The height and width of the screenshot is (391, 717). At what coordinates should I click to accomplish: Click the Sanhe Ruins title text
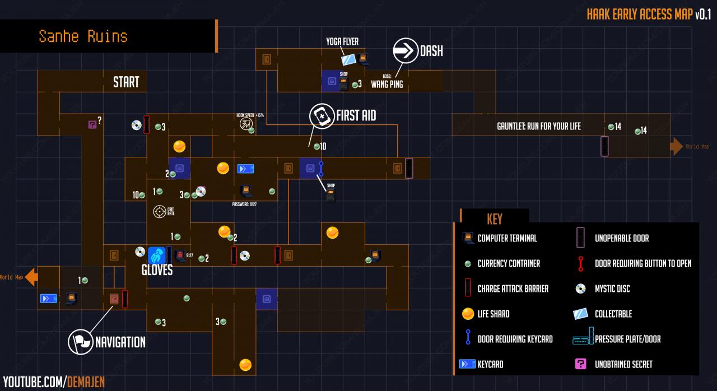[83, 36]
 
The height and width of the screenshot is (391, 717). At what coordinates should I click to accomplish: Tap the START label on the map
[126, 82]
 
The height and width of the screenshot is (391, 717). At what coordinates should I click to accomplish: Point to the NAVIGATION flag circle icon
[80, 342]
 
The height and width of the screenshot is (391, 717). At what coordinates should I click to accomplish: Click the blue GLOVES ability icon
[157, 255]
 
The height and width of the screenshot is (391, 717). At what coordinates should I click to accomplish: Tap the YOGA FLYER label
[342, 41]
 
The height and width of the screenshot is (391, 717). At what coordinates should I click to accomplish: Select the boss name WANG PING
[387, 85]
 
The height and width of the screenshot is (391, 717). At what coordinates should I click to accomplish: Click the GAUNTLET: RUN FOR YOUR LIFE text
[539, 127]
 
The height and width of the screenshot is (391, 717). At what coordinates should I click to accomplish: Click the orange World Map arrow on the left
[32, 277]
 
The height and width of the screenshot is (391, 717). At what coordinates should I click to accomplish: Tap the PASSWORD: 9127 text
[244, 204]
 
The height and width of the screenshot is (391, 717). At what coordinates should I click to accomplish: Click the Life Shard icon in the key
[467, 314]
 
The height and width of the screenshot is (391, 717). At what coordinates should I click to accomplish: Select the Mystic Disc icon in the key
[581, 288]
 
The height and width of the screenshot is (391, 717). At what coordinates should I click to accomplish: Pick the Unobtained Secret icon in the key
[581, 364]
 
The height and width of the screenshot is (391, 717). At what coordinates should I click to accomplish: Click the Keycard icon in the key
[467, 364]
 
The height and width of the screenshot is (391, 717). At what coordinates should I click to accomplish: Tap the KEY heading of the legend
[495, 218]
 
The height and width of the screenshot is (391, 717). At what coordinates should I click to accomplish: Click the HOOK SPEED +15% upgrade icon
[245, 124]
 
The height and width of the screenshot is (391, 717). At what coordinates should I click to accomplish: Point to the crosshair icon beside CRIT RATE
[160, 212]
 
